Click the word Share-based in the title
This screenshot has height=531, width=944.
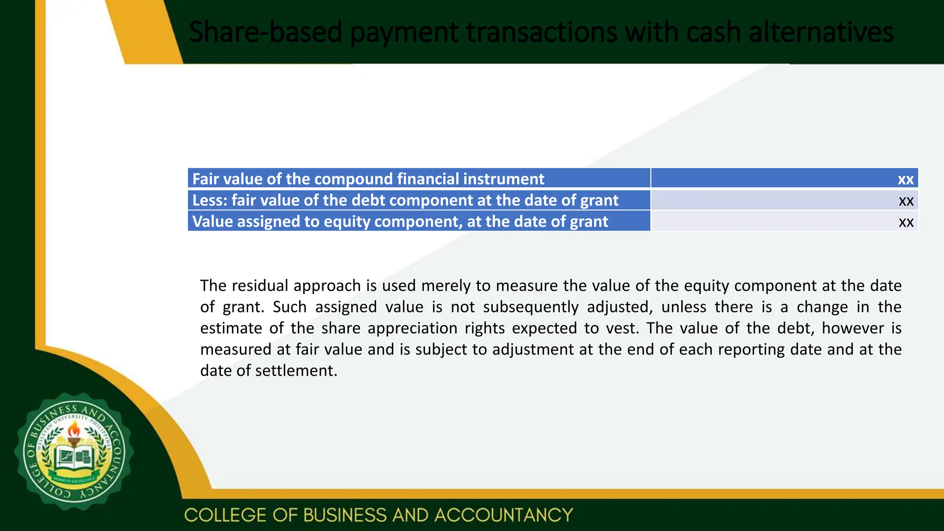click(265, 32)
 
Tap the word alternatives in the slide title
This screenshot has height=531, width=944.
click(821, 32)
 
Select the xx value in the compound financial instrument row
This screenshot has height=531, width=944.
click(905, 179)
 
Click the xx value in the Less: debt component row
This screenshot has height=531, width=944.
click(906, 201)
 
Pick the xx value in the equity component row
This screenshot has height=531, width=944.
click(906, 222)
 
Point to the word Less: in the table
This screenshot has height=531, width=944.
click(210, 200)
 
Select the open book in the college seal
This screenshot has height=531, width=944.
click(74, 458)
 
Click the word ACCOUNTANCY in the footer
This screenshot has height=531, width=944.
click(503, 515)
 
